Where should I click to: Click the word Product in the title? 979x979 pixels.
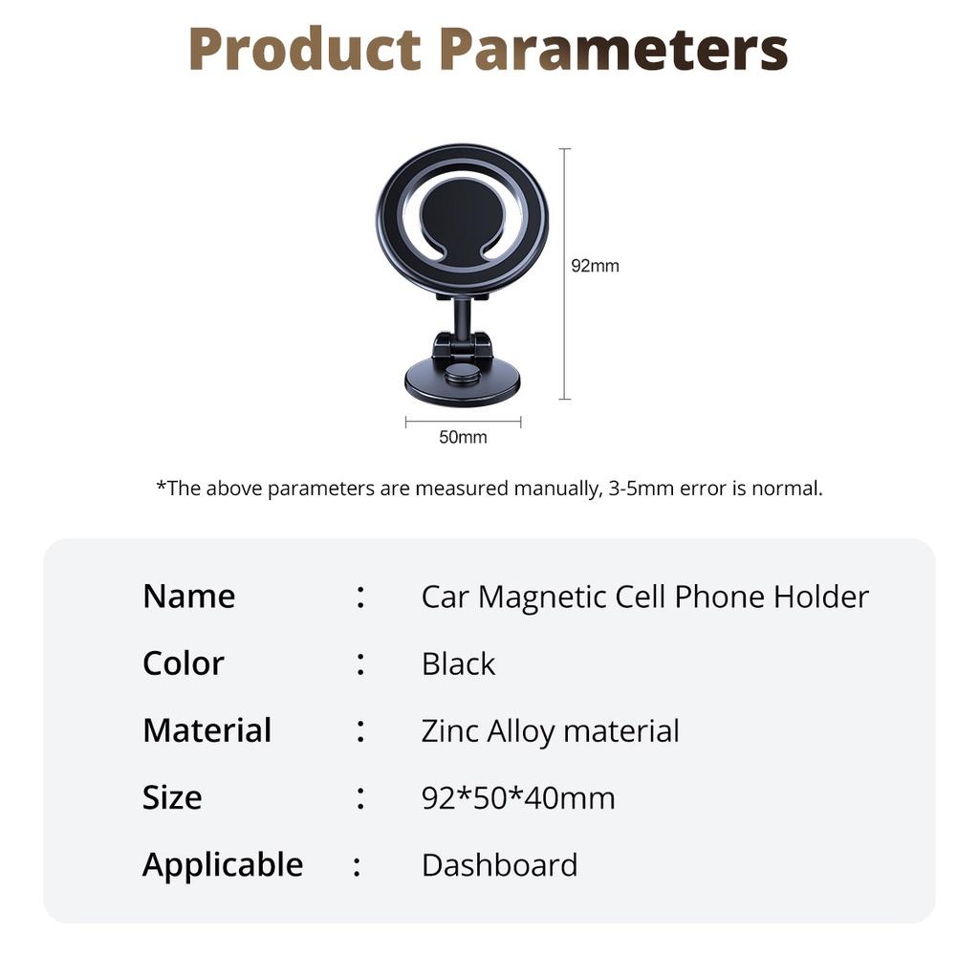click(x=305, y=49)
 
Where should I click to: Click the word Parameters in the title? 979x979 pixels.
click(x=614, y=49)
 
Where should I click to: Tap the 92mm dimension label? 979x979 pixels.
click(x=595, y=266)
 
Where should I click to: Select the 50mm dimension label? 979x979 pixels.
click(x=463, y=437)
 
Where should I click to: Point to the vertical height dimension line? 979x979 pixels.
click(x=564, y=273)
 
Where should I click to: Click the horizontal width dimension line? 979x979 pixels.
click(x=463, y=422)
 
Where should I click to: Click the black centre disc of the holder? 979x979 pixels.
click(x=462, y=220)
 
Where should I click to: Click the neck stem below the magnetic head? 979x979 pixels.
click(x=462, y=318)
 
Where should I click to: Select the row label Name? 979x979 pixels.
click(x=189, y=597)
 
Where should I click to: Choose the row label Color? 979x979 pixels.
click(x=183, y=664)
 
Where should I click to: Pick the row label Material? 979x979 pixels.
click(x=207, y=729)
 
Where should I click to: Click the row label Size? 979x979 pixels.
click(x=172, y=797)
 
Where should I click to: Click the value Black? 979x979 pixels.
click(x=458, y=664)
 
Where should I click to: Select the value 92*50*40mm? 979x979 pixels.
click(x=518, y=797)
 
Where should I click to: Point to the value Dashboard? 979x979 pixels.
click(x=499, y=864)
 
